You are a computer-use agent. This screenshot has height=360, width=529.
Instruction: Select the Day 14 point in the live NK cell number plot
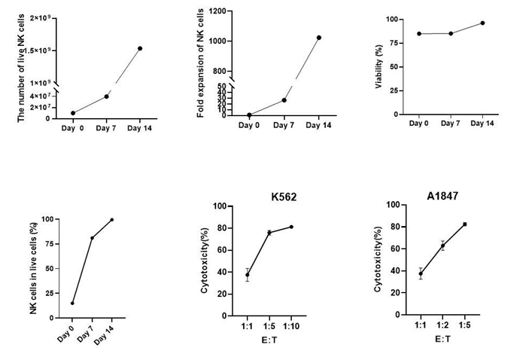(140, 48)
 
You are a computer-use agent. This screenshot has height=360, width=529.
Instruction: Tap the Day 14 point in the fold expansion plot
(319, 38)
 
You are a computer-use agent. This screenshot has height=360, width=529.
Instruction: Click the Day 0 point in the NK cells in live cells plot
(72, 304)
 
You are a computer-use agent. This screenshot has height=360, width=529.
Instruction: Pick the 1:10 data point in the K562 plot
(291, 227)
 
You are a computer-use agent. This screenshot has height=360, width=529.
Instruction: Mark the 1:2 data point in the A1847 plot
(442, 246)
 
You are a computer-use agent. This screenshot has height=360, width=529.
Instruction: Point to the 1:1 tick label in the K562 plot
(248, 328)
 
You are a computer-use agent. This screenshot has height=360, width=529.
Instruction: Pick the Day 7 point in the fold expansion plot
(284, 100)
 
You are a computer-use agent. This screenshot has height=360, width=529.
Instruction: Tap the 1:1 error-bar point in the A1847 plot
(421, 274)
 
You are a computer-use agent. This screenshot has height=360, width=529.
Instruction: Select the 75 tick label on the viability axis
(394, 42)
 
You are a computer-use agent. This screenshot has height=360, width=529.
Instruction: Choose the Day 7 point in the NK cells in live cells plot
(92, 238)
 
